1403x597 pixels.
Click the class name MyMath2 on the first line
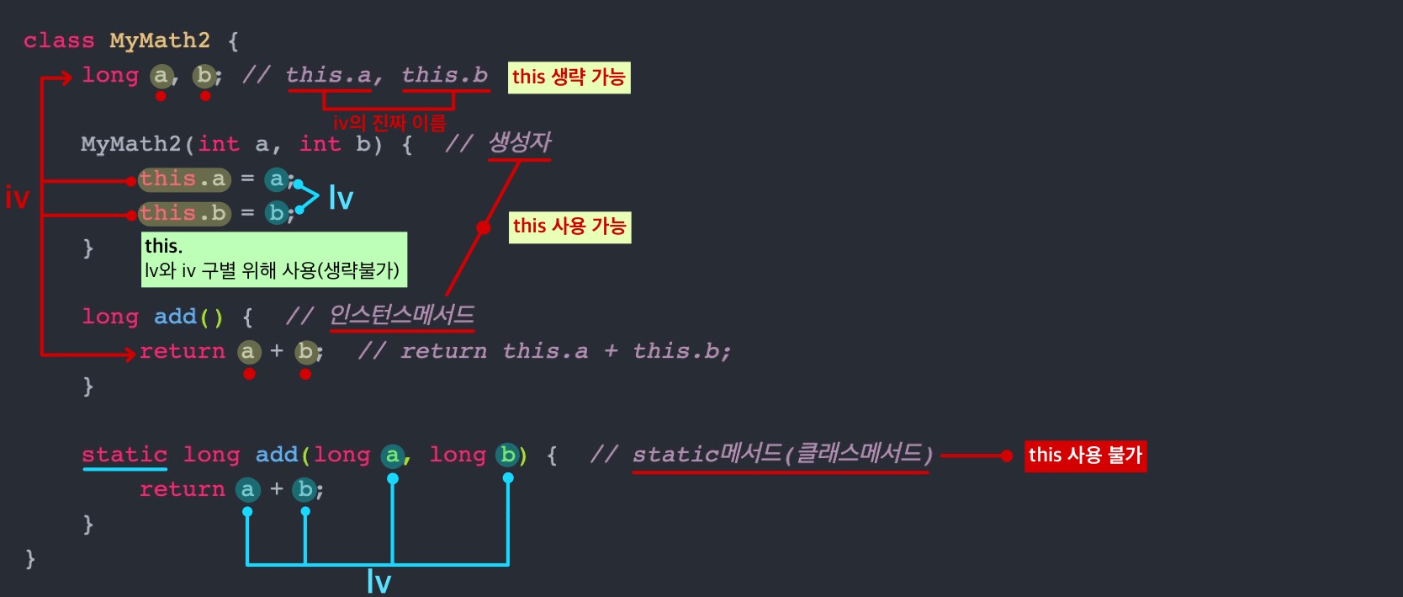click(160, 40)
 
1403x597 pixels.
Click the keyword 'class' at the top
click(59, 40)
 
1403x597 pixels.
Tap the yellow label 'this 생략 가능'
click(569, 77)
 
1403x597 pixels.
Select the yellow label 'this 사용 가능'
click(569, 227)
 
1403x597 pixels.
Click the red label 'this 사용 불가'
click(1085, 456)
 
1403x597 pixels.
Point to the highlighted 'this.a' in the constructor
click(183, 179)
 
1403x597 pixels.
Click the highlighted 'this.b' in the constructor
click(183, 214)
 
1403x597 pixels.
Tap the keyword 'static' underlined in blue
click(124, 455)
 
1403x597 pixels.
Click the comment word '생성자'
click(520, 143)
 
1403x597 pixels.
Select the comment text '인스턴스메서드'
click(402, 316)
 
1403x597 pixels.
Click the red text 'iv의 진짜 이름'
click(389, 123)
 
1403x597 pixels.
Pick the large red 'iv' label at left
click(18, 199)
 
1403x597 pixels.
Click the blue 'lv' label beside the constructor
click(341, 199)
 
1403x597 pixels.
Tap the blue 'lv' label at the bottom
click(379, 582)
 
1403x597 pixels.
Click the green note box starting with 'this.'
click(273, 259)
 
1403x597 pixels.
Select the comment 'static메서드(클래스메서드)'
click(782, 455)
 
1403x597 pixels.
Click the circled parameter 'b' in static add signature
click(507, 455)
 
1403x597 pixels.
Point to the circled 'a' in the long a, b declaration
click(161, 76)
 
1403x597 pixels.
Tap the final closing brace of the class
click(30, 558)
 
